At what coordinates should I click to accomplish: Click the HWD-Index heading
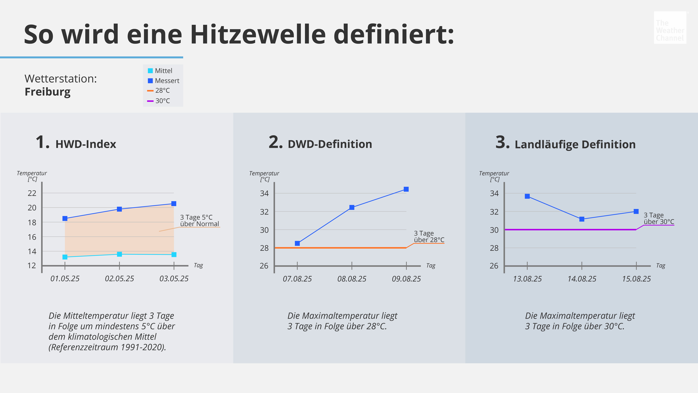(86, 144)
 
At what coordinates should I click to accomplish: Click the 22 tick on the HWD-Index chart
(32, 193)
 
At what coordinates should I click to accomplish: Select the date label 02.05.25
(120, 279)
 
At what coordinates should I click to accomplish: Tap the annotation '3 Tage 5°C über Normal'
(199, 221)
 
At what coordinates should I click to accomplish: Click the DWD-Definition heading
(330, 144)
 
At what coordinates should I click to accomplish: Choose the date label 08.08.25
(352, 279)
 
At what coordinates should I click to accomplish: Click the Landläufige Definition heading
(575, 144)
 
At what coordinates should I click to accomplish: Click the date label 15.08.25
(636, 279)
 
